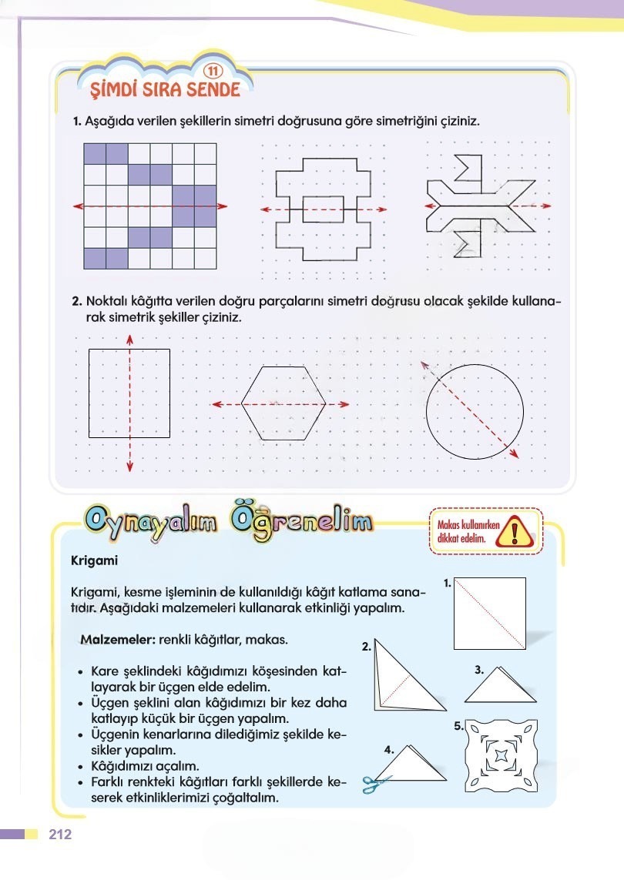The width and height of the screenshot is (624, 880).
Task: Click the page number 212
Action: coord(59,835)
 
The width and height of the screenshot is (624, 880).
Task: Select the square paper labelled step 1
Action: coord(489,613)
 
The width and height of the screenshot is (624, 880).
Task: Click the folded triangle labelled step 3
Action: coord(500,685)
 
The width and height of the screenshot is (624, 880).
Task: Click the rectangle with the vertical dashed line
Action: coord(129,393)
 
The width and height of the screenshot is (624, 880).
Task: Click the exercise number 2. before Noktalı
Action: coord(77,303)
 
